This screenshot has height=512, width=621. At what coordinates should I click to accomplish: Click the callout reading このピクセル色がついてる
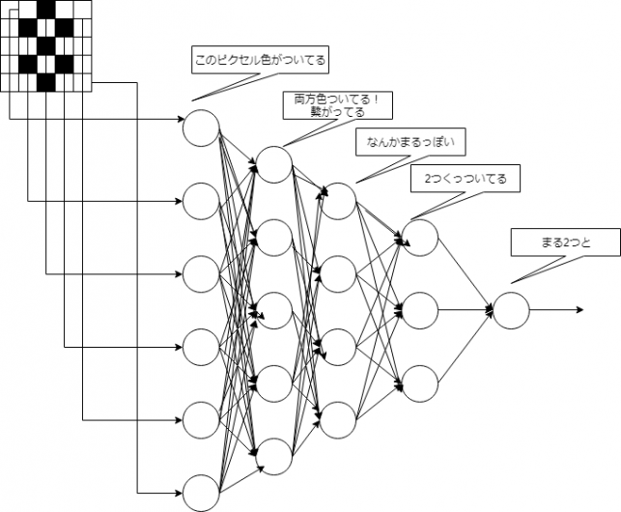tap(260, 60)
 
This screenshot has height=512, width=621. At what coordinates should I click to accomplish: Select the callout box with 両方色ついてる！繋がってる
tap(337, 105)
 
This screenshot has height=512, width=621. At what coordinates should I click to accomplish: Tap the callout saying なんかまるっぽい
tap(410, 141)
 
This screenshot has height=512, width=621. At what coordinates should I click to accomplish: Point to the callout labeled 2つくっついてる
tap(466, 179)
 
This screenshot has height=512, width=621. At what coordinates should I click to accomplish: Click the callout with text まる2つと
tap(566, 242)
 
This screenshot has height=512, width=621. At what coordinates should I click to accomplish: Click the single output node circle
tap(511, 310)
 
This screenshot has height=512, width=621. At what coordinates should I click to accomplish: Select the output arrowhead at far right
tap(580, 310)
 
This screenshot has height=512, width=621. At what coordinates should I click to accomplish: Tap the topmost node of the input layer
tap(201, 128)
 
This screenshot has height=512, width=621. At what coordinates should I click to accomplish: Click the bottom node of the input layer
tap(201, 494)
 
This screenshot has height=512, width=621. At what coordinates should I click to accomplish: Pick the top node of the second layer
tap(274, 164)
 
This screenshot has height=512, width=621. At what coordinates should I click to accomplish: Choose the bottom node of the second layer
tap(274, 457)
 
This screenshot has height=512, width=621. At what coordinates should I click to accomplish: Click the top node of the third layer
tap(338, 201)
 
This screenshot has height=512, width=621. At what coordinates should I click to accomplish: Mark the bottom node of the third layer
tap(338, 420)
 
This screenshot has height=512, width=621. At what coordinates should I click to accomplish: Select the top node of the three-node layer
tap(420, 238)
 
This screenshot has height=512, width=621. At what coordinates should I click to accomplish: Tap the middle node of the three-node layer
tap(420, 310)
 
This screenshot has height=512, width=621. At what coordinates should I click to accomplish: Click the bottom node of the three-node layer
tap(420, 384)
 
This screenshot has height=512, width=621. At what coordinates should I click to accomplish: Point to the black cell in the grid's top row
tap(46, 10)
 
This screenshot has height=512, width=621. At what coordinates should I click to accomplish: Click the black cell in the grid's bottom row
tap(46, 82)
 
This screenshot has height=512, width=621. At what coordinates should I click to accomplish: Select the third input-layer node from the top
tap(201, 273)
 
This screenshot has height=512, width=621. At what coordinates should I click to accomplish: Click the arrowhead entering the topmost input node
tap(180, 119)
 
